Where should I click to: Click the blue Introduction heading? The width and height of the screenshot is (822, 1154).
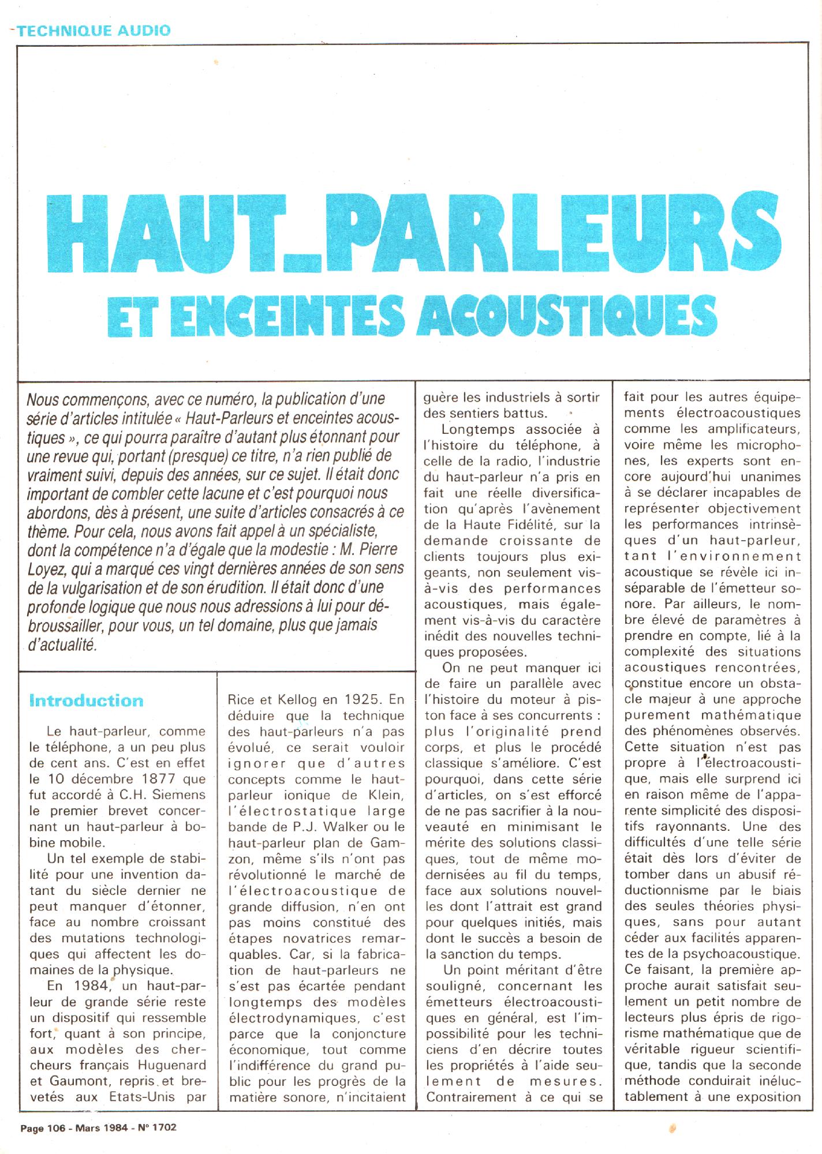pyautogui.click(x=86, y=701)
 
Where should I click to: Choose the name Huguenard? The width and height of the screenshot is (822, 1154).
pyautogui.click(x=174, y=1065)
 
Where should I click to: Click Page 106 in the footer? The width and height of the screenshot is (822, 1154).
pyautogui.click(x=42, y=1126)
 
